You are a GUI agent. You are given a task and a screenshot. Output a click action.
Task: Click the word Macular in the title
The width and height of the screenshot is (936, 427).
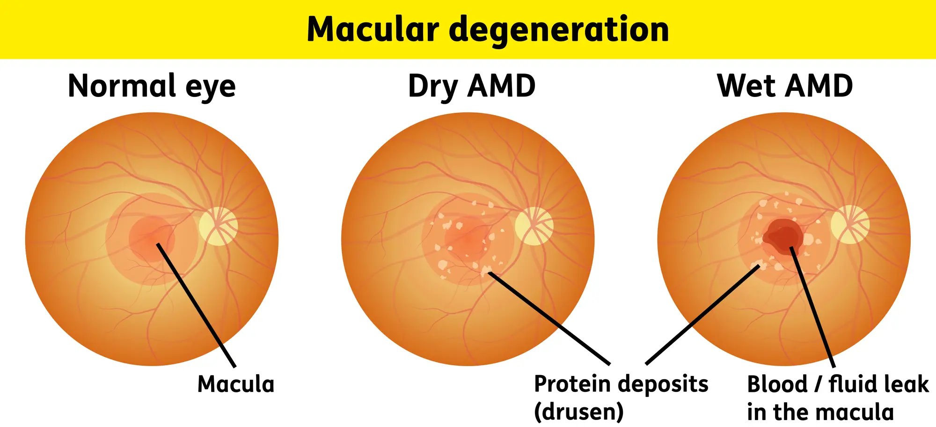click(x=373, y=29)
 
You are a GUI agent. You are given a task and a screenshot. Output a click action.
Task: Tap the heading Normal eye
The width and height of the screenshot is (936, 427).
click(x=152, y=86)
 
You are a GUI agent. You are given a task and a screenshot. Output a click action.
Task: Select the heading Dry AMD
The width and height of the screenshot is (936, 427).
click(x=471, y=86)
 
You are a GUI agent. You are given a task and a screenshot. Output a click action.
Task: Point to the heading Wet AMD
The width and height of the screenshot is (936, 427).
click(x=785, y=86)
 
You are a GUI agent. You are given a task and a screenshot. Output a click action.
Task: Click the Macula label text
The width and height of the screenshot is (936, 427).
click(x=236, y=384)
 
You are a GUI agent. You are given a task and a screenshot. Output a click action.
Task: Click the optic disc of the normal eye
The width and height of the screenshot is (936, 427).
click(x=218, y=226)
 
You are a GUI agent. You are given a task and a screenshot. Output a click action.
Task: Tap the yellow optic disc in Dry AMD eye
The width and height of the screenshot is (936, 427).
click(x=534, y=226)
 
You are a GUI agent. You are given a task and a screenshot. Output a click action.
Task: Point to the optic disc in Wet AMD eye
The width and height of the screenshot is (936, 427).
click(x=850, y=225)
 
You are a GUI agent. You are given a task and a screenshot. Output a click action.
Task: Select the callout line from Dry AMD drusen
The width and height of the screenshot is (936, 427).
click(x=550, y=318)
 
